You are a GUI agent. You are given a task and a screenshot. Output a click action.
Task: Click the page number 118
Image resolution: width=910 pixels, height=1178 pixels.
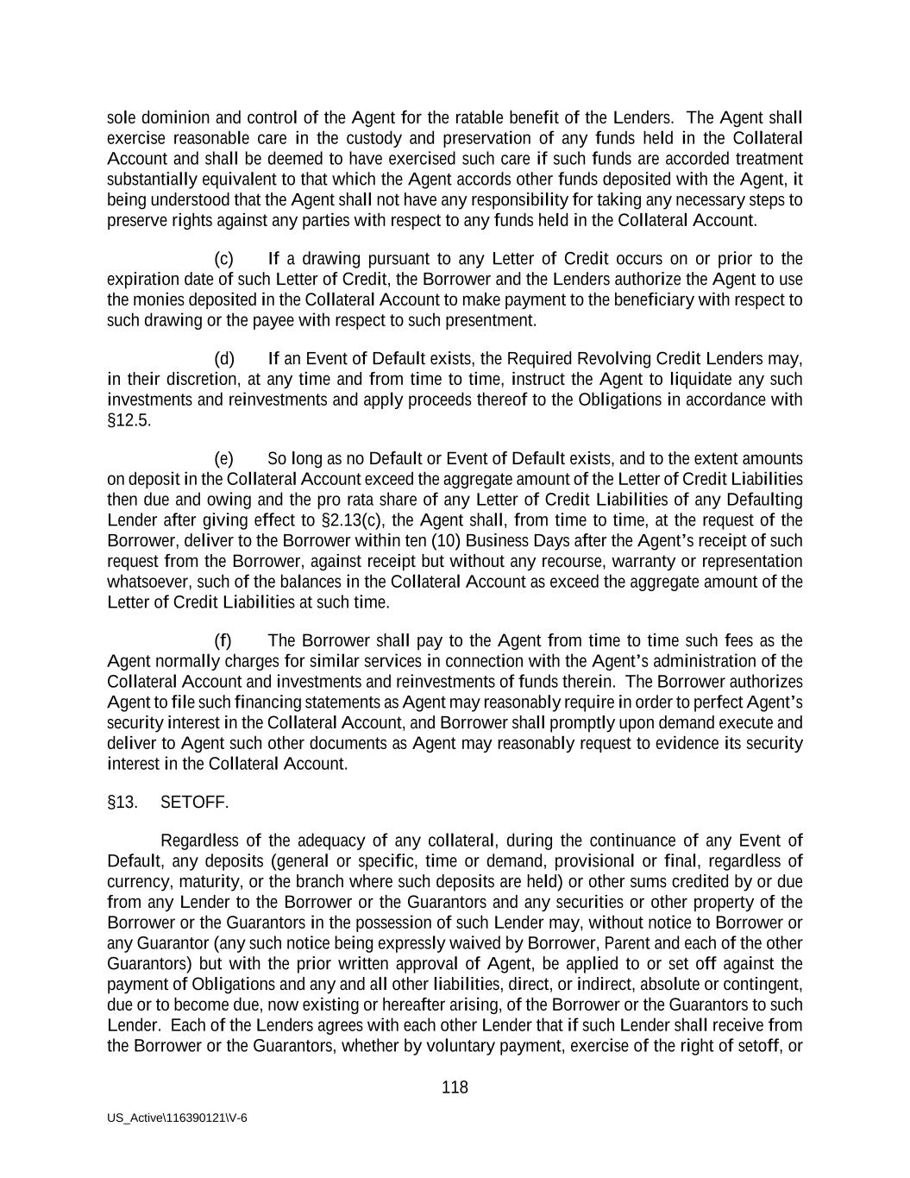coord(455,1087)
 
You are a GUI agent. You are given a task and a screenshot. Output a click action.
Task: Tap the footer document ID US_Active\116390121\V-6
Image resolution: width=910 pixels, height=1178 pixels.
coord(177,1118)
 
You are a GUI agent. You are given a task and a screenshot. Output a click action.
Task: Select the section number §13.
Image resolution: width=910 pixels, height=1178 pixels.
coord(122,803)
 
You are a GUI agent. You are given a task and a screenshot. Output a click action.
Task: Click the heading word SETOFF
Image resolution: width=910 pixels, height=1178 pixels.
coord(194,803)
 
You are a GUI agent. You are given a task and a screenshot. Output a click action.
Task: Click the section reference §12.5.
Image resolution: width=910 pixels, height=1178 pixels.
coord(129,420)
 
